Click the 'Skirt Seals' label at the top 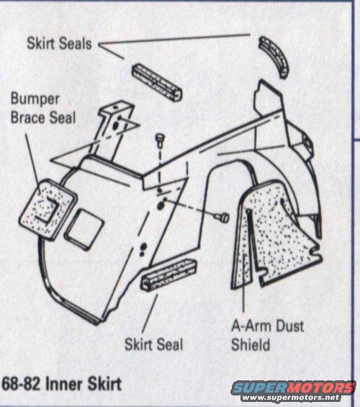tap(59, 43)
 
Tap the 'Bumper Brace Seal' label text tap(43, 108)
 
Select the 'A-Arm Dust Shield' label tap(267, 336)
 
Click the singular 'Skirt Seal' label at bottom tap(154, 344)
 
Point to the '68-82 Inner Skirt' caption tap(62, 384)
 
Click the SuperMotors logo tap(293, 388)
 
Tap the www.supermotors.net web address tap(291, 398)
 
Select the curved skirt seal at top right tap(274, 56)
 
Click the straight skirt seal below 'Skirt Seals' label tap(157, 82)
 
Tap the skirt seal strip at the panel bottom tap(168, 274)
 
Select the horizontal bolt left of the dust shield tap(222, 217)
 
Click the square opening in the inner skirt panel tap(84, 230)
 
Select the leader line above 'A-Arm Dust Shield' tap(243, 282)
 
